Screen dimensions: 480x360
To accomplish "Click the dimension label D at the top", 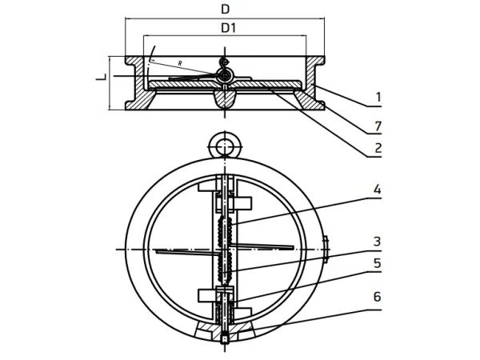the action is click(x=226, y=10).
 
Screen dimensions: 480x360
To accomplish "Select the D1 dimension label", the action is click(x=229, y=28).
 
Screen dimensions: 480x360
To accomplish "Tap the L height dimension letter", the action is click(x=102, y=77).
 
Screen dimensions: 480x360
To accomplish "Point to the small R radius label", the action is click(x=180, y=64).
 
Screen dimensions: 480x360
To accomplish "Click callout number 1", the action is click(x=378, y=97).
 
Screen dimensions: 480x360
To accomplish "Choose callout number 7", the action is click(x=378, y=126).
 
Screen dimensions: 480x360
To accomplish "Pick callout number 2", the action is click(x=378, y=148).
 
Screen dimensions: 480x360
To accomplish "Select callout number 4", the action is click(x=378, y=189).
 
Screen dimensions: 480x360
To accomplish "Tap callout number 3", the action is click(x=378, y=242).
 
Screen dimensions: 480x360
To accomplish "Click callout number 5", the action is click(x=378, y=263).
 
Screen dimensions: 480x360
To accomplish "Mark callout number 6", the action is click(x=378, y=297).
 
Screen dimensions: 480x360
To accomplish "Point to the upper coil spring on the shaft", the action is click(x=226, y=230).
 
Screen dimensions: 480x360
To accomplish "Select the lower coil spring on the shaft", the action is click(x=226, y=268).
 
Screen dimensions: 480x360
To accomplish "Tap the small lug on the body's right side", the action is click(x=326, y=249).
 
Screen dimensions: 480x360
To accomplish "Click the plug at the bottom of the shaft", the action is click(x=226, y=339).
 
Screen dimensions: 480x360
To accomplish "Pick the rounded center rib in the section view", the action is click(x=226, y=98).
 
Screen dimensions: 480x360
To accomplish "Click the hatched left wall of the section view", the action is click(x=138, y=83).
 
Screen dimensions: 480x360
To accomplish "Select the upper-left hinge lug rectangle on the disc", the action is click(x=207, y=186).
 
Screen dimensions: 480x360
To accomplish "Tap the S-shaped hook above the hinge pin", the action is click(x=226, y=64).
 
